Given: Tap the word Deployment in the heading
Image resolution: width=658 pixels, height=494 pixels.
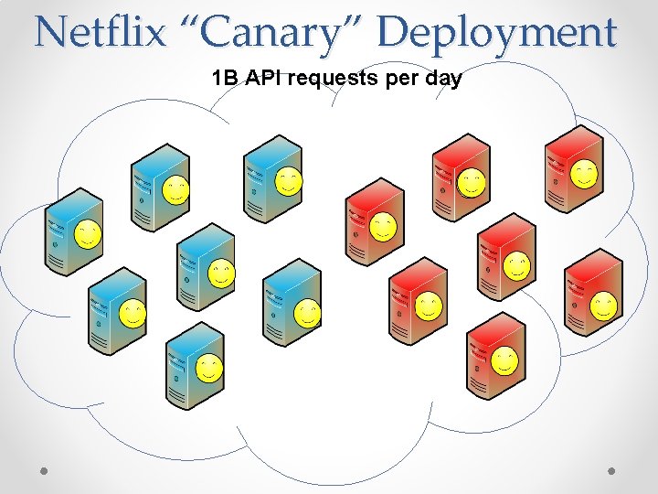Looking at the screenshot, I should [x=497, y=33].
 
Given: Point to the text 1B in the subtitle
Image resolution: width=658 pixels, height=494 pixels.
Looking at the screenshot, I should [x=223, y=79].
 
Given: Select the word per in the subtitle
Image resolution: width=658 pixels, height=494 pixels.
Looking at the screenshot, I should [x=399, y=79].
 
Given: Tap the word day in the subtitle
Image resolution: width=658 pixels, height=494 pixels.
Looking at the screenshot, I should [x=442, y=79].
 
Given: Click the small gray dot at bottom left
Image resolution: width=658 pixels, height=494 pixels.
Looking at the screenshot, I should [x=45, y=470].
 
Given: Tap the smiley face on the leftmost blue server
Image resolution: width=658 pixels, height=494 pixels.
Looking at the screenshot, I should [x=88, y=234].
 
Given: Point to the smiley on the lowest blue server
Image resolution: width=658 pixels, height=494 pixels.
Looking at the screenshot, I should [x=208, y=369].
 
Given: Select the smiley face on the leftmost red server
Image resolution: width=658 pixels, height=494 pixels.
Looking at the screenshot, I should [x=384, y=226].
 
